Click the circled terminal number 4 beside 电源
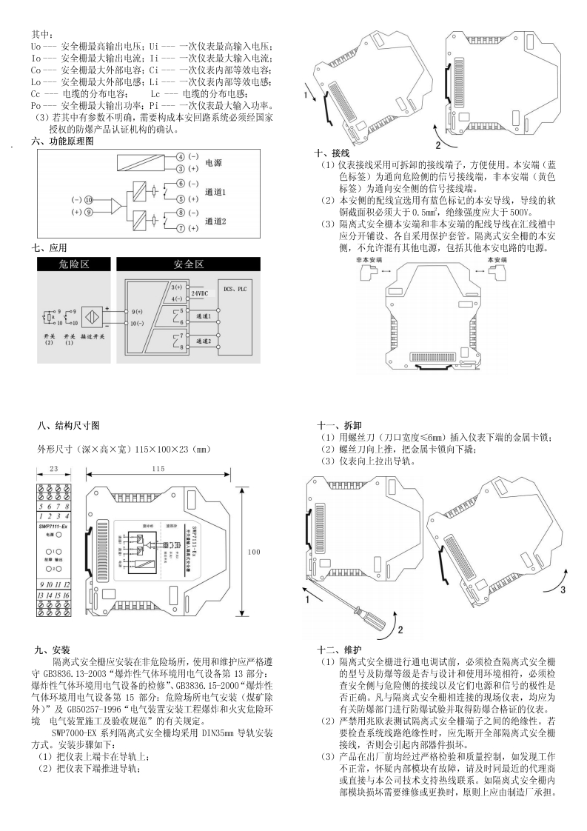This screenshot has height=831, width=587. pyautogui.click(x=181, y=158)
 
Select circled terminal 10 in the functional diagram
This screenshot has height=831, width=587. pyautogui.click(x=88, y=200)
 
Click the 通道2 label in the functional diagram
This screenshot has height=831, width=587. pyautogui.click(x=216, y=221)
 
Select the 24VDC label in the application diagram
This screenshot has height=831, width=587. pyautogui.click(x=199, y=294)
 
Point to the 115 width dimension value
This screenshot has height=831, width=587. pyautogui.click(x=158, y=469)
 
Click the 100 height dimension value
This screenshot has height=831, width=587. pyautogui.click(x=254, y=552)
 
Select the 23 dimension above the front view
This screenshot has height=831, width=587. pyautogui.click(x=53, y=469)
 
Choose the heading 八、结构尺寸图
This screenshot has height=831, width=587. pyautogui.click(x=68, y=425)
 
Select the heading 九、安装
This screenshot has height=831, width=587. pyautogui.click(x=55, y=650)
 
